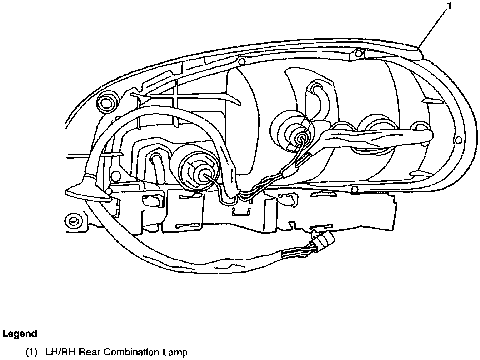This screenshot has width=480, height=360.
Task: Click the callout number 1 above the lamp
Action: click(x=449, y=6)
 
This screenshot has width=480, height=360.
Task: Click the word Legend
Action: click(x=20, y=334)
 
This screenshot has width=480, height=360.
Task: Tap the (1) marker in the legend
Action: click(x=31, y=353)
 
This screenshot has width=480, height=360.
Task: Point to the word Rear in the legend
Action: click(x=88, y=353)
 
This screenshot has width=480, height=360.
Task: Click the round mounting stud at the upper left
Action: click(x=107, y=102)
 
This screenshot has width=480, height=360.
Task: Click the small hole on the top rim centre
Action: click(x=241, y=61)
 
